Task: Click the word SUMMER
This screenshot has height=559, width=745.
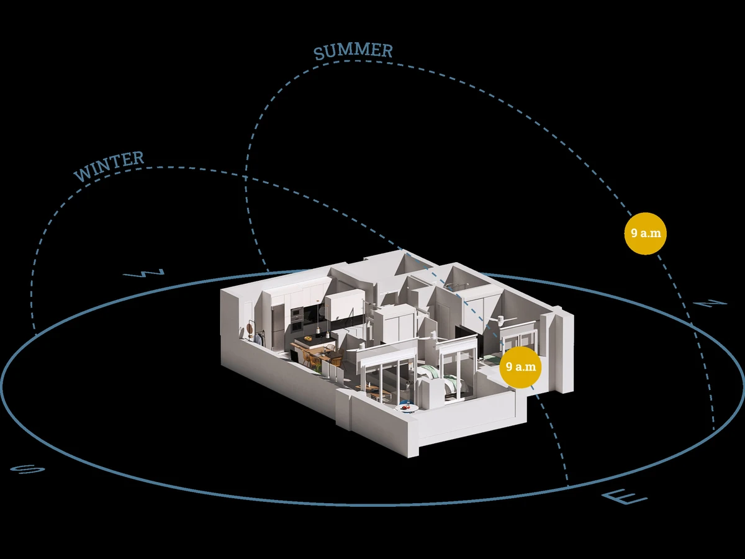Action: pyautogui.click(x=353, y=52)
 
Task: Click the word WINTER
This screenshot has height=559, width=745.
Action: pyautogui.click(x=109, y=166)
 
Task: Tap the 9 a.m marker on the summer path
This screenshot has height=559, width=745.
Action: pyautogui.click(x=645, y=234)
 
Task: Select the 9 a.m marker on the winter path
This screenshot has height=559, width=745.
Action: pyautogui.click(x=520, y=367)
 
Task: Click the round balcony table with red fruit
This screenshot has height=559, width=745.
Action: pyautogui.click(x=407, y=408)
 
